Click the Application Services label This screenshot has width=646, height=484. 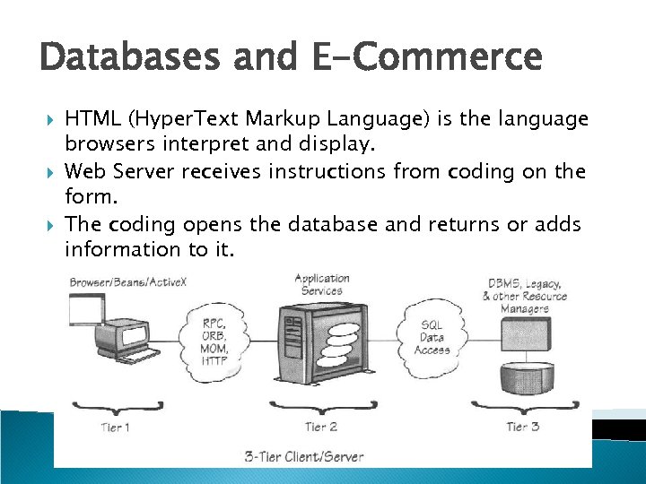point(322,284)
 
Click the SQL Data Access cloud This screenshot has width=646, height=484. point(432,337)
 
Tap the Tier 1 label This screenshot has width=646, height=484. point(114,427)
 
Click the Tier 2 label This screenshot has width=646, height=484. point(321,427)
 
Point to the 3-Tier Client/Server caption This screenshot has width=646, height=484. point(304,456)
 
